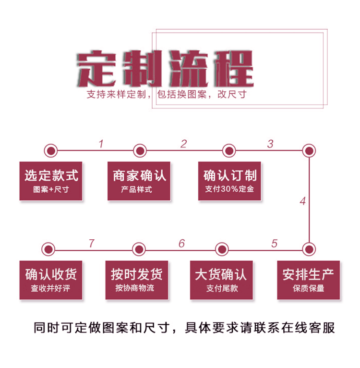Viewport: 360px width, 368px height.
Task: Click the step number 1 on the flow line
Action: tap(101, 144)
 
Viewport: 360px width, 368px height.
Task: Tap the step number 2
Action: tap(183, 144)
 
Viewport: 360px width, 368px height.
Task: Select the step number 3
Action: tap(270, 144)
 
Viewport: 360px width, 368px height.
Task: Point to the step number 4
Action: tap(302, 201)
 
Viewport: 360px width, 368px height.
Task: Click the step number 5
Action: tap(274, 244)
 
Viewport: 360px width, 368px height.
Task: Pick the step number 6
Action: tap(181, 244)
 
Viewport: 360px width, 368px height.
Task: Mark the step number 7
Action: tap(91, 244)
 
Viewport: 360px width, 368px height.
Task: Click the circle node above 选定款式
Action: tap(50, 151)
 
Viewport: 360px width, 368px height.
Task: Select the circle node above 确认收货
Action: tap(48, 249)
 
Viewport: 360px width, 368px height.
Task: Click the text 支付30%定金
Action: tap(229, 189)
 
